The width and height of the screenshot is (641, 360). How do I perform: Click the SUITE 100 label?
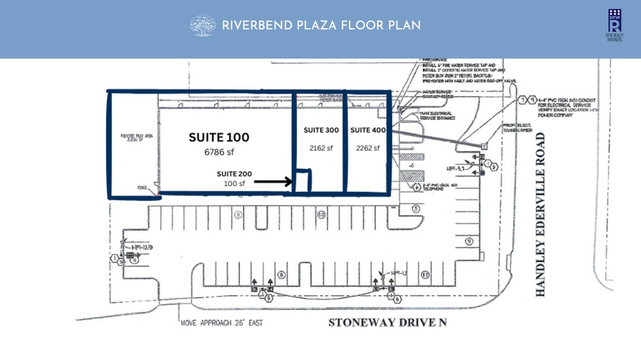219,137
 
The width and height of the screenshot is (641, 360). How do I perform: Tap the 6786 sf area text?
219,152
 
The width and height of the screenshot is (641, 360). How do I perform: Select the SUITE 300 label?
321,131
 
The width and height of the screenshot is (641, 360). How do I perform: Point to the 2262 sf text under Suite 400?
367,148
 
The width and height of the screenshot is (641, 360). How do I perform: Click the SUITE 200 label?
234,174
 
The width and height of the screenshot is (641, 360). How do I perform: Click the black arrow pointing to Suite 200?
273,182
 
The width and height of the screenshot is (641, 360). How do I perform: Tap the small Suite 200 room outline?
303,181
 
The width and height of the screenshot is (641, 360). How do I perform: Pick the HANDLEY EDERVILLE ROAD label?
540,215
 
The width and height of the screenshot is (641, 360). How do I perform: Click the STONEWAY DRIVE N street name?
387,322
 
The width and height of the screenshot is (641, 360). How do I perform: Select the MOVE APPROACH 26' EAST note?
221,322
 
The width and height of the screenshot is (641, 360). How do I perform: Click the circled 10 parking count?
321,214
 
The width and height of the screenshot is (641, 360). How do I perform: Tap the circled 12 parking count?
425,275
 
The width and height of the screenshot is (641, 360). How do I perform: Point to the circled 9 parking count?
468,242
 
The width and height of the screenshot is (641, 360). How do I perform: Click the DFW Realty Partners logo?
614,25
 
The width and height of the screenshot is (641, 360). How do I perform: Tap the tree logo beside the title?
202,25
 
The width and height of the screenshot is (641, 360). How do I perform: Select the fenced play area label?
136,137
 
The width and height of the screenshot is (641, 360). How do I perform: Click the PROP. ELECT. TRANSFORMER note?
518,128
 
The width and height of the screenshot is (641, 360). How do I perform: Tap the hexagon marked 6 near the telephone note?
417,187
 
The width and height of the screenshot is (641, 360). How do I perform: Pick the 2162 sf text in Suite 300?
320,148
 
